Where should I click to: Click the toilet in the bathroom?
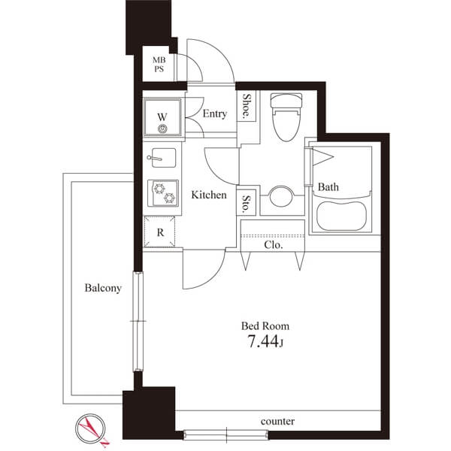286,117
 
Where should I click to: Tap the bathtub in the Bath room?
341,216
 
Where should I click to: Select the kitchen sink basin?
163,158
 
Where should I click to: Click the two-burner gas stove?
163,193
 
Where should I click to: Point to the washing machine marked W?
162,117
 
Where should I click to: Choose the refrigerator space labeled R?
159,232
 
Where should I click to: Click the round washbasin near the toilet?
281,196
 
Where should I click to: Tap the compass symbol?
91,429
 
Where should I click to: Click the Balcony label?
103,288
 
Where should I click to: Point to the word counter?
277,422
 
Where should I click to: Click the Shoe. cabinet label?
247,106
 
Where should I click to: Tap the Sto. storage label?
247,204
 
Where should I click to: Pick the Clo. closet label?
274,245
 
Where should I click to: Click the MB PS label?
159,65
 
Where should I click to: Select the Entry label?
214,114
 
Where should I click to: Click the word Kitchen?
209,195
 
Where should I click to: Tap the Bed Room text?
265,326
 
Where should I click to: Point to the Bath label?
328,187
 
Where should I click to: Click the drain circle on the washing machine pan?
162,129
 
